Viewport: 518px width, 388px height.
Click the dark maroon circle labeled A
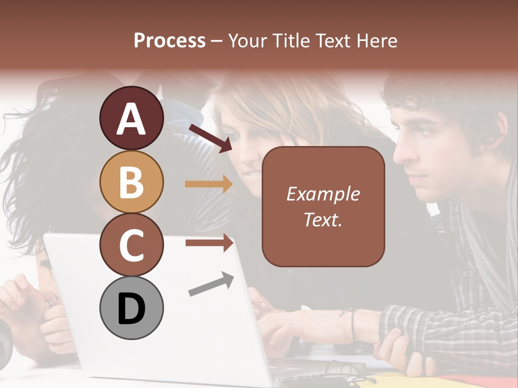131,119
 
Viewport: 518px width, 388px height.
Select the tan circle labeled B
131,182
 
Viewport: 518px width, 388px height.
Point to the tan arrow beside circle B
209,184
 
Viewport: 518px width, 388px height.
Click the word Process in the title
169,41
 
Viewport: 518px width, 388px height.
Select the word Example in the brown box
323,194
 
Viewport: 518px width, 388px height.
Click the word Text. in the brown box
323,220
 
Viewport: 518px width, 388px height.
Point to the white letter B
131,182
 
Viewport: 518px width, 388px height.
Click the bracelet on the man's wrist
353,325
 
